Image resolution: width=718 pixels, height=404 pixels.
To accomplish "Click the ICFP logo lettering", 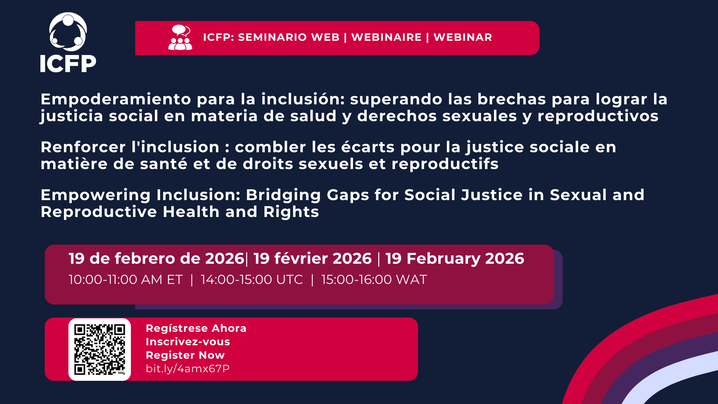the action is click(x=68, y=64).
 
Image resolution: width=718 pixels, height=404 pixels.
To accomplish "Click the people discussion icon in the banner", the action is click(x=180, y=37).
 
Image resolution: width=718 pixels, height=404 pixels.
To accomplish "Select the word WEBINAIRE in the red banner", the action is click(x=387, y=37).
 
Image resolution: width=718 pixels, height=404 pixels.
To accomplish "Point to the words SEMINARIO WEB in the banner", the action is click(x=289, y=37).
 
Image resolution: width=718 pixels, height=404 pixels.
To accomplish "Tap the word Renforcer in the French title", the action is click(x=83, y=147).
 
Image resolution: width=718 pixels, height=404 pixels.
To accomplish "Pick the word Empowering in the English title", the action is click(x=95, y=196).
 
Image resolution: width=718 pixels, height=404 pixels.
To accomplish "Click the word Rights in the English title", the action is click(x=291, y=212).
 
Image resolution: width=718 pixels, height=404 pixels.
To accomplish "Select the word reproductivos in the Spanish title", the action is click(x=598, y=116).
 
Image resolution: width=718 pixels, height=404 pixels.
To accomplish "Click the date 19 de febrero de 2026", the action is click(x=156, y=258).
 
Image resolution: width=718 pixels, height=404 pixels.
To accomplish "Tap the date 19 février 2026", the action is click(x=313, y=258).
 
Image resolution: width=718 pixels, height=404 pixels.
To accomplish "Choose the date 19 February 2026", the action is click(x=455, y=259).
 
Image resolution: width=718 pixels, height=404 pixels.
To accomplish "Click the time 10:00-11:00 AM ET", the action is click(x=126, y=280).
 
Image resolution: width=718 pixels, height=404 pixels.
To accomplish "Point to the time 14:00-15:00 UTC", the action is click(x=252, y=280).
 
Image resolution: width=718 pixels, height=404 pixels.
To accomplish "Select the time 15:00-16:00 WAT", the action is click(x=374, y=280).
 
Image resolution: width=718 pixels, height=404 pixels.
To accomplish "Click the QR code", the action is click(x=99, y=349).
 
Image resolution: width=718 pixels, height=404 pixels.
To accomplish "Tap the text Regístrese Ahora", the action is click(x=196, y=328).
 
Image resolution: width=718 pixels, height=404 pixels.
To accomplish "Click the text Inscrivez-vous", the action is click(x=188, y=342).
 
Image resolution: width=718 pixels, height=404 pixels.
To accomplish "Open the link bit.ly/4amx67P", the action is click(x=188, y=369).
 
